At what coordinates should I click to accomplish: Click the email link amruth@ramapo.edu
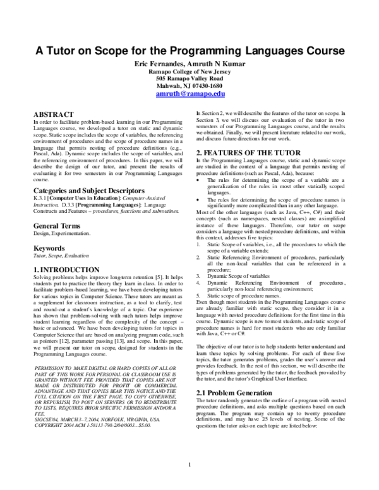click(189, 93)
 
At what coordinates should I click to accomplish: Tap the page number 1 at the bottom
click(189, 483)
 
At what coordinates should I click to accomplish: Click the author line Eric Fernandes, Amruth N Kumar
click(189, 64)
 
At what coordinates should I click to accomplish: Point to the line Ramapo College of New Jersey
click(189, 72)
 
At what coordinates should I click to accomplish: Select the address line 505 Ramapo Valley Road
click(189, 78)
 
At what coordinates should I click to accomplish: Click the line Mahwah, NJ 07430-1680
click(189, 85)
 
